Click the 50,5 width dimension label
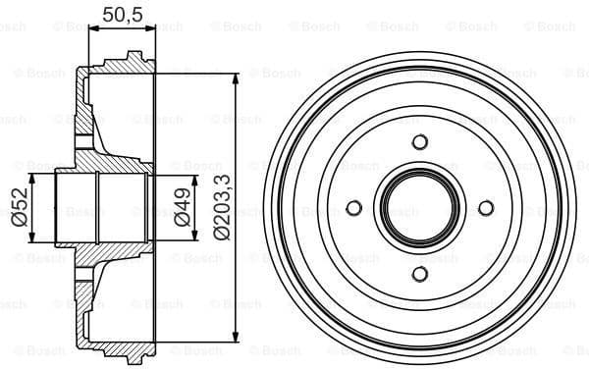[122, 14]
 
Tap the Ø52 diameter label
[18, 207]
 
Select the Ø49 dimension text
[183, 207]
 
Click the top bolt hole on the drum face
[420, 142]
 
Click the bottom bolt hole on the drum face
[420, 273]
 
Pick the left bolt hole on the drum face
[354, 207]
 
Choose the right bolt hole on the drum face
[485, 207]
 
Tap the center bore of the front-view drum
[420, 207]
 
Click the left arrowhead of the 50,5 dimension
[92, 29]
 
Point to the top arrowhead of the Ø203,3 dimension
[237, 77]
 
